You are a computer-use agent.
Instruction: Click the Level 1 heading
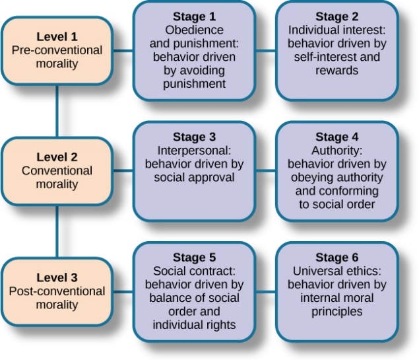click(57, 37)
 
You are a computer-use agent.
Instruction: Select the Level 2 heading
click(57, 157)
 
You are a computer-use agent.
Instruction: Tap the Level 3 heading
click(57, 277)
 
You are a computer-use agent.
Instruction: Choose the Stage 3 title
click(194, 137)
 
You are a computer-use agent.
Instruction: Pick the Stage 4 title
click(337, 137)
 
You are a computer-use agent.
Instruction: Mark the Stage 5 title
click(194, 257)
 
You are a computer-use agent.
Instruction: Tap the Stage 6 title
click(337, 257)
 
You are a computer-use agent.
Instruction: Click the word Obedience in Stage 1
click(194, 30)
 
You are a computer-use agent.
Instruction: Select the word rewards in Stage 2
click(337, 70)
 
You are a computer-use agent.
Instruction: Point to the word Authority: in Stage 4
click(337, 151)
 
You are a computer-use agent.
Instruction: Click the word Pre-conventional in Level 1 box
click(57, 50)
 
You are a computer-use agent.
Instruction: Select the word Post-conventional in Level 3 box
click(57, 291)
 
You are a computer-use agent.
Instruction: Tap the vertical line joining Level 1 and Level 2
click(57, 111)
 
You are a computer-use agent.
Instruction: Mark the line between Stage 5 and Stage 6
click(265, 291)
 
